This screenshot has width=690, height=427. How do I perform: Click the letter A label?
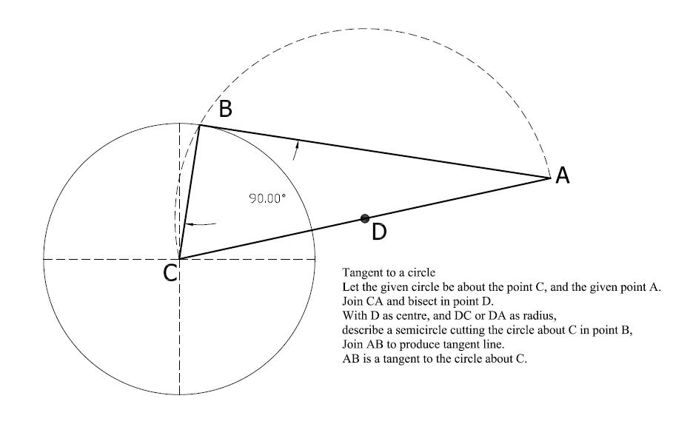pos(563,175)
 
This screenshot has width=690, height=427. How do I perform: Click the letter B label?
pos(225,109)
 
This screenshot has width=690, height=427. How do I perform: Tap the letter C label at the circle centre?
pos(170,272)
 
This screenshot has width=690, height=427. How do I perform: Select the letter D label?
pos(379,232)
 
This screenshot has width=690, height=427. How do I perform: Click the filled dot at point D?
pos(365,218)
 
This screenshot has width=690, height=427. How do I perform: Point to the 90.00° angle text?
pos(267,199)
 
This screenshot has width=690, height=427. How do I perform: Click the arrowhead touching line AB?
pos(298,145)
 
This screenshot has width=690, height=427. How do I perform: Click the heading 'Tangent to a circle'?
pos(389,272)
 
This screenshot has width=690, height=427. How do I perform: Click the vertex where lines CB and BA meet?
pos(200,126)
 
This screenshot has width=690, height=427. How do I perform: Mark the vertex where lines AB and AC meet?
pos(551,178)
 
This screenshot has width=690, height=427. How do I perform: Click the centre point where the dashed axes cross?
pos(180,259)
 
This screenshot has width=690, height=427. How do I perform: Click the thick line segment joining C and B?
pos(190,192)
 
